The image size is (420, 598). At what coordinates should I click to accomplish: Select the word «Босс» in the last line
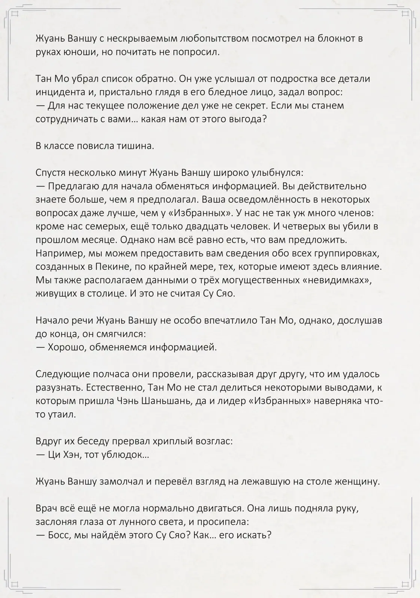coord(59,535)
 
